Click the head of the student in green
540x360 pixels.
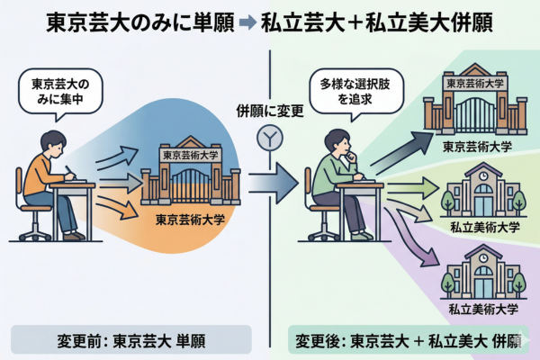(339, 141)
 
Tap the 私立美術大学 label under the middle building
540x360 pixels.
(484, 229)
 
